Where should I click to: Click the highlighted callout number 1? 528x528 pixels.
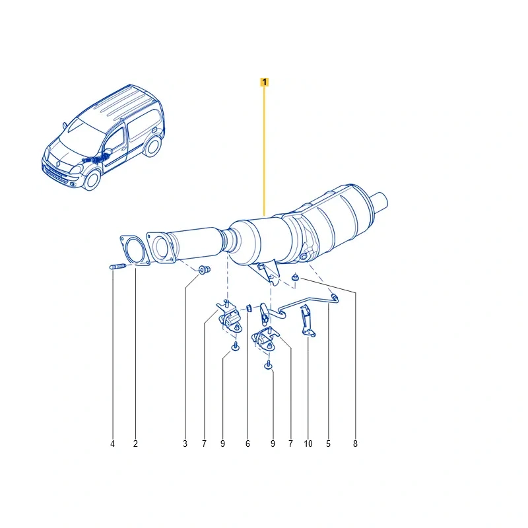click(265, 82)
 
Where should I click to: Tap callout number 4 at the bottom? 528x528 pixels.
click(112, 444)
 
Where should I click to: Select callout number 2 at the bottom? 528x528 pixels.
click(135, 444)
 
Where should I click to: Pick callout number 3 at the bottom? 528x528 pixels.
click(185, 444)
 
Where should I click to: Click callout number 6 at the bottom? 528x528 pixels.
click(248, 444)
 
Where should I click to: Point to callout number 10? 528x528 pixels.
click(308, 444)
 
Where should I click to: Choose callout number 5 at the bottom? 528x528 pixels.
click(328, 444)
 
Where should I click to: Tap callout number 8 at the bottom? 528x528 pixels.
click(355, 444)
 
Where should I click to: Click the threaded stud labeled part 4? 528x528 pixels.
click(118, 267)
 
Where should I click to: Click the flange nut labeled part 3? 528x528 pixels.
click(204, 269)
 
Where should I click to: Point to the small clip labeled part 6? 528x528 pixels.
click(249, 308)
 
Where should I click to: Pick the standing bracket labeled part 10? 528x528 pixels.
click(307, 321)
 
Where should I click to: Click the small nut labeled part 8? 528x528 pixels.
click(296, 277)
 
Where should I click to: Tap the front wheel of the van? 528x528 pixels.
click(92, 180)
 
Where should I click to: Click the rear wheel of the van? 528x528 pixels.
click(152, 146)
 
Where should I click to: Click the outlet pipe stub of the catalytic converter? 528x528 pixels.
click(379, 203)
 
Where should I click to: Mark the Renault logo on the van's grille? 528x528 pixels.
click(57, 164)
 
